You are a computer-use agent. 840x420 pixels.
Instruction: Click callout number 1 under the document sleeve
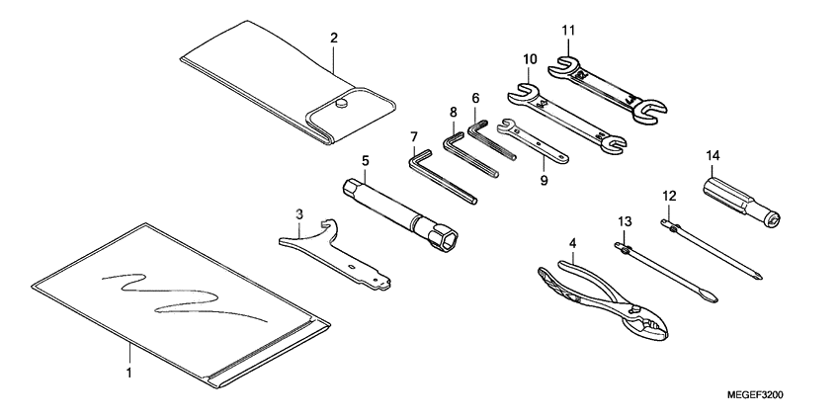128,374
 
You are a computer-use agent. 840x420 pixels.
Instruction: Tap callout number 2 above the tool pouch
334,38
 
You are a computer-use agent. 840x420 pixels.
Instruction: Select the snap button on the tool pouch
340,102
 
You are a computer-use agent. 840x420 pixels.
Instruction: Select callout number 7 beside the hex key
413,135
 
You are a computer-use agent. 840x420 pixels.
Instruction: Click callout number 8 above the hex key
454,114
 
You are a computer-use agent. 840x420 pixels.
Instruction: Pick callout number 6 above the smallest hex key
475,99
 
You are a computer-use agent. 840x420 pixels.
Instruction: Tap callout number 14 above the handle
713,155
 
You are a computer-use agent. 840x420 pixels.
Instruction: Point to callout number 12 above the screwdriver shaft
669,197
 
